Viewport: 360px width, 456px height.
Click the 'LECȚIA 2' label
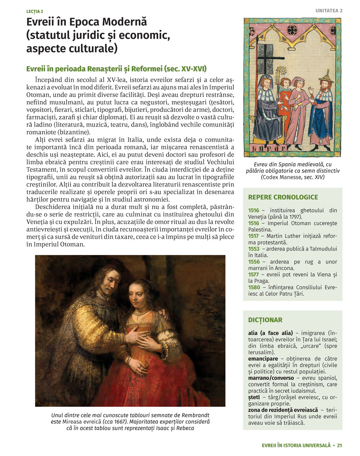coord(35,12)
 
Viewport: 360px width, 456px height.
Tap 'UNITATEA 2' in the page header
coord(329,11)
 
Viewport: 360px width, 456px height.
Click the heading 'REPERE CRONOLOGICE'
coord(283,197)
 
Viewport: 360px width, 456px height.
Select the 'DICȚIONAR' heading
coord(265,320)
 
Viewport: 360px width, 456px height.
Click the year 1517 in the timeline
coord(253,236)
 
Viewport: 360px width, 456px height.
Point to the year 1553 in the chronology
coord(253,249)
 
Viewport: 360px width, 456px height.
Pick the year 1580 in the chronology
coord(254,287)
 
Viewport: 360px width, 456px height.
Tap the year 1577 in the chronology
coord(253,274)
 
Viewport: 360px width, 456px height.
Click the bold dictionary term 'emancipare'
coord(263,359)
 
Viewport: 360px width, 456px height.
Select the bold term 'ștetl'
coord(254,397)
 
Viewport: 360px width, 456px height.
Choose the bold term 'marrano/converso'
coord(271,378)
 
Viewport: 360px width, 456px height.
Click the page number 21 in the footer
coord(339,445)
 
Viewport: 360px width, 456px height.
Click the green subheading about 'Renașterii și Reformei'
coord(117,69)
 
